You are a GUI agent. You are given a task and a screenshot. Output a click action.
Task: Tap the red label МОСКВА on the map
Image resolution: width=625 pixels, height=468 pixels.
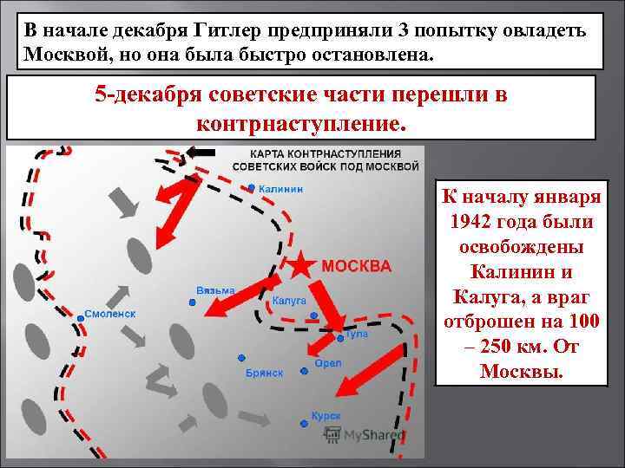[x=357, y=265]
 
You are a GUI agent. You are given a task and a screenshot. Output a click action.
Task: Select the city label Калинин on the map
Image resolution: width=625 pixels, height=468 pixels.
[x=280, y=189]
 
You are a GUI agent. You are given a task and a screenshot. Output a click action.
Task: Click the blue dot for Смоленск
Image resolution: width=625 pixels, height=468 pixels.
[x=80, y=318]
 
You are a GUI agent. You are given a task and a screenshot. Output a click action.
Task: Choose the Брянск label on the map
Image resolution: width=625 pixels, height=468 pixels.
[x=265, y=372]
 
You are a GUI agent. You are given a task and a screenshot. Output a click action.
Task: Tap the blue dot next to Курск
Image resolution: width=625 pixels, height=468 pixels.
[x=304, y=423]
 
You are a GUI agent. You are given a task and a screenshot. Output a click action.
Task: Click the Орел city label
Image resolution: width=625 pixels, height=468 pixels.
[x=327, y=362]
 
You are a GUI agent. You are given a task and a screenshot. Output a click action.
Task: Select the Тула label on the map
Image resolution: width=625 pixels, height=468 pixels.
[x=356, y=333]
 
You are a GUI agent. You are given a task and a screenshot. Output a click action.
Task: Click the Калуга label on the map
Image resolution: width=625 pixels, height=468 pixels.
[x=289, y=300]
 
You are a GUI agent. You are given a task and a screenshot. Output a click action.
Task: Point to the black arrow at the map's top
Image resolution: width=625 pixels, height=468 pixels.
[x=201, y=153]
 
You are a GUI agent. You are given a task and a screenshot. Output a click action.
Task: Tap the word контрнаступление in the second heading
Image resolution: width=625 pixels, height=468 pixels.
[x=301, y=124]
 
